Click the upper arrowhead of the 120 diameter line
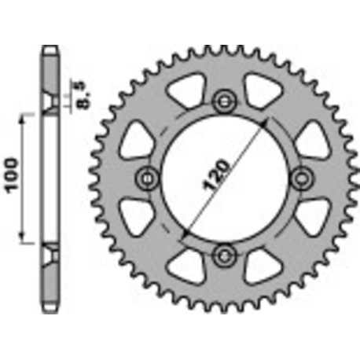tap(267, 124)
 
